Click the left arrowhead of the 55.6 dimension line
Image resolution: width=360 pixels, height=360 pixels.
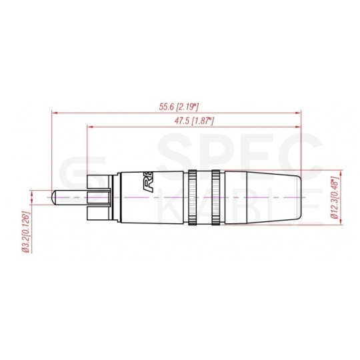click(54, 113)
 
